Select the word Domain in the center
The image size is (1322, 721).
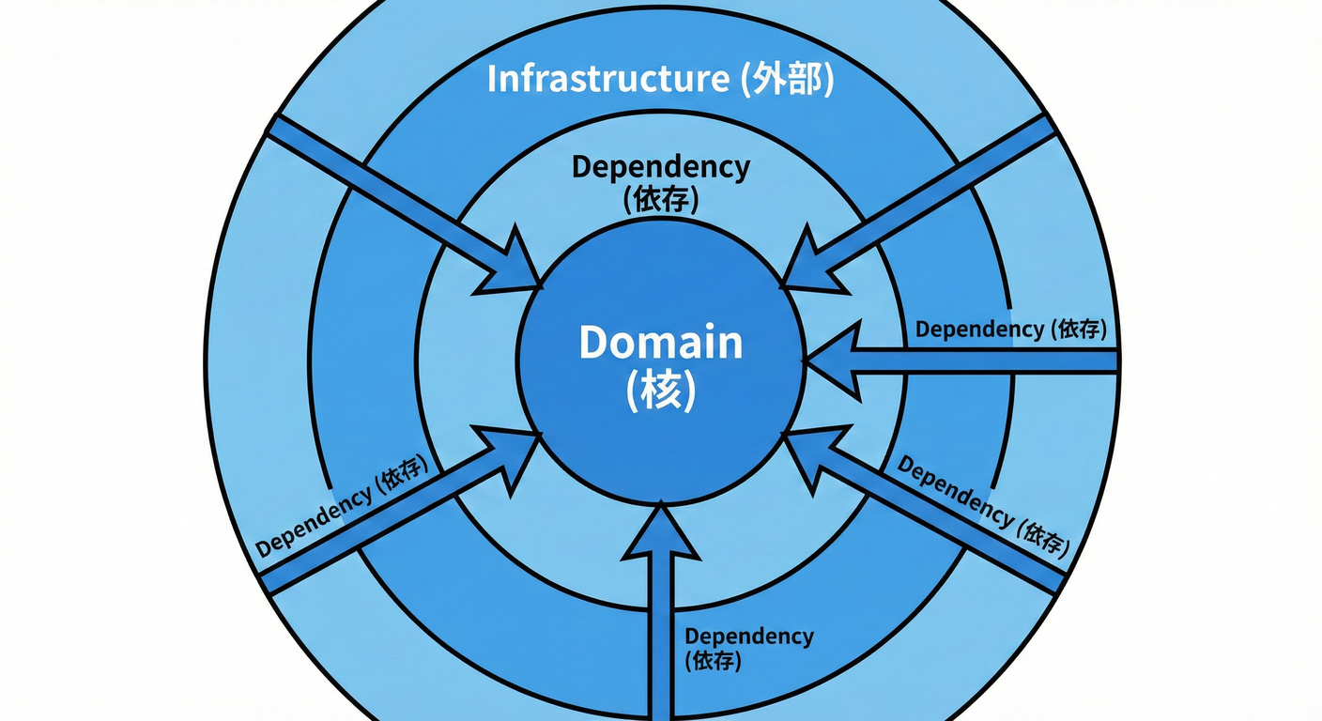[x=660, y=343]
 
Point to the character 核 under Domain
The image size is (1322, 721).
[x=661, y=391]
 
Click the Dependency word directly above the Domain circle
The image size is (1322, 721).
[x=661, y=167]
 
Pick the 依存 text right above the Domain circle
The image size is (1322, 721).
[x=661, y=198]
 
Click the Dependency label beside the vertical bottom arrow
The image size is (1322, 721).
[x=748, y=636]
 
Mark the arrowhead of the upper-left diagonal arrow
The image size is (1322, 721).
[x=512, y=263]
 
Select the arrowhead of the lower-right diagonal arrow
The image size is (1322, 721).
[x=812, y=453]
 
